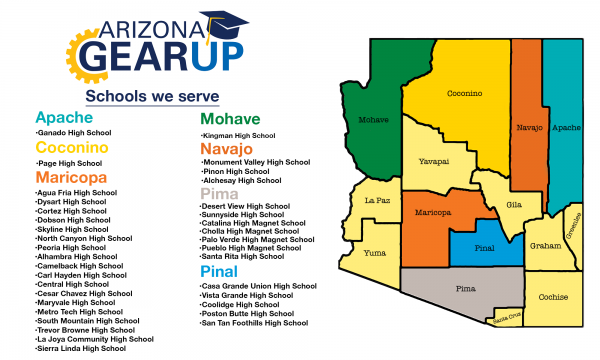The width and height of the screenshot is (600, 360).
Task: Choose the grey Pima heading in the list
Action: pos(219,192)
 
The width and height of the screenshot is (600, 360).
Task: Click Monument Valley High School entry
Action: pos(256,162)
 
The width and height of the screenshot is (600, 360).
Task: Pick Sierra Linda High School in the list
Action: pos(83,348)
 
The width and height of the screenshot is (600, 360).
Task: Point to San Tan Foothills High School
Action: pos(254,323)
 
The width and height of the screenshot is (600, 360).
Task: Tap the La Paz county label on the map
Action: pos(377,200)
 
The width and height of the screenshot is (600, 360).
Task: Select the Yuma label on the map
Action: pos(374,252)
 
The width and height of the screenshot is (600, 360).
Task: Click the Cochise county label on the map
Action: pos(552,297)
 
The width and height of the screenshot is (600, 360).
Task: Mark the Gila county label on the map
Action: pos(514,204)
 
